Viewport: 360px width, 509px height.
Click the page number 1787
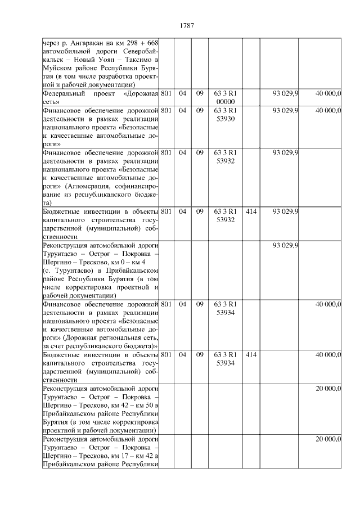187,25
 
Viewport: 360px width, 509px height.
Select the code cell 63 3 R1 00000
225,97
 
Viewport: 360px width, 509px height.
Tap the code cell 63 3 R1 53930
225,115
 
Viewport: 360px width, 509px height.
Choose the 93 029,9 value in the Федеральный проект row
285,93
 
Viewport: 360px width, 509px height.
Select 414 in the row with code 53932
251,211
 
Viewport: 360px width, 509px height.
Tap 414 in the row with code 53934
251,355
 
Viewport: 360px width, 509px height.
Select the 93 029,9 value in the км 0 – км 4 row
285,245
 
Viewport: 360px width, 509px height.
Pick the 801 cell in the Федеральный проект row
166,93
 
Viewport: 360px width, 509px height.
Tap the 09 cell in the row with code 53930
199,111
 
